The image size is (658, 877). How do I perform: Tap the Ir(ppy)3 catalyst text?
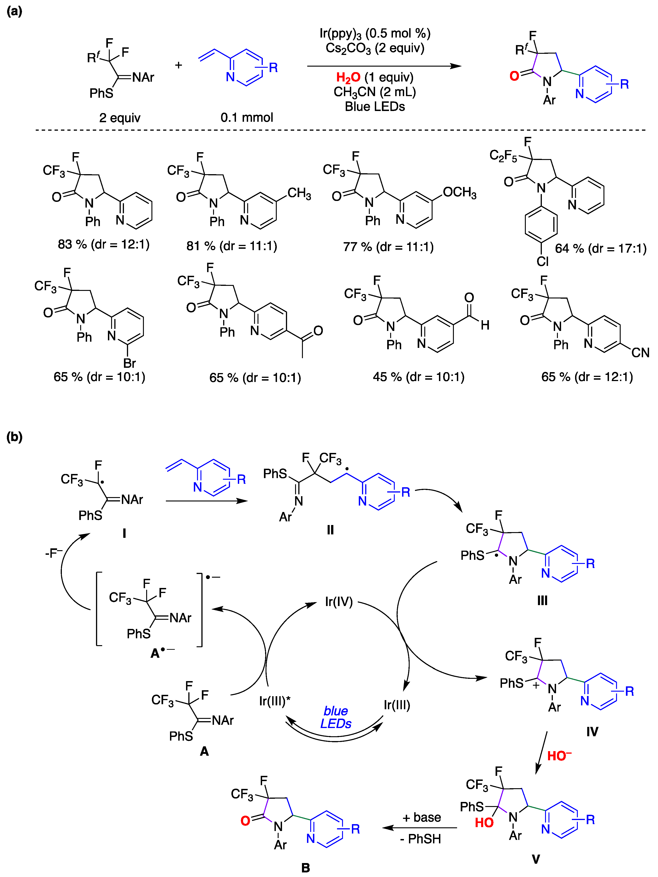pyautogui.click(x=340, y=34)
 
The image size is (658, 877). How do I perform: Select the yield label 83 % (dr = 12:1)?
pyautogui.click(x=104, y=244)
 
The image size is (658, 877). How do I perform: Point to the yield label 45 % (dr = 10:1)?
pyautogui.click(x=418, y=377)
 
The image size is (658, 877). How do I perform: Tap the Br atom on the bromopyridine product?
pyautogui.click(x=129, y=363)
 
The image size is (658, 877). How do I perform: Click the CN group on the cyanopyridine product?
pyautogui.click(x=640, y=352)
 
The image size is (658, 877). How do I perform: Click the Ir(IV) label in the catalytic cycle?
pyautogui.click(x=339, y=601)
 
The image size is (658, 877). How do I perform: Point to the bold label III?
pyautogui.click(x=542, y=601)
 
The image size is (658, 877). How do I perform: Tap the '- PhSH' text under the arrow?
pyautogui.click(x=420, y=839)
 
